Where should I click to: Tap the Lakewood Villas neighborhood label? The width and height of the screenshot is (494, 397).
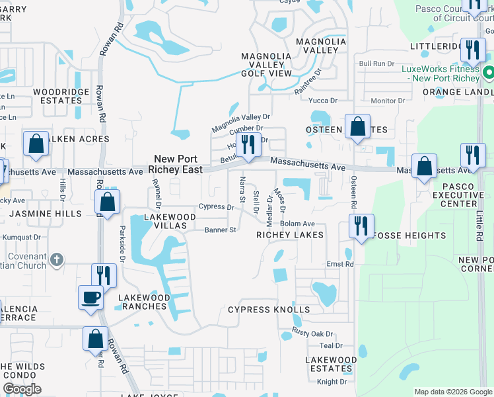(x=161, y=221)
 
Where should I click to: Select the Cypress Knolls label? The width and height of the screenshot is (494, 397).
(x=269, y=310)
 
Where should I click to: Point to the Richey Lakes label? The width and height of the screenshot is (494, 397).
(x=290, y=235)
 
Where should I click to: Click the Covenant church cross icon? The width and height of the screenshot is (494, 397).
(x=57, y=259)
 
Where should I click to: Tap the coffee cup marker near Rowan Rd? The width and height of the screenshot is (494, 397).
(x=90, y=297)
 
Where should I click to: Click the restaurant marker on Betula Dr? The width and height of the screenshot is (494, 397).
(x=248, y=145)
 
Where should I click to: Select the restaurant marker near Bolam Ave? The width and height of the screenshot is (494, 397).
(x=361, y=226)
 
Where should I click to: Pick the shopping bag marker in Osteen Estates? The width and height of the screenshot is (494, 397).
(x=357, y=127)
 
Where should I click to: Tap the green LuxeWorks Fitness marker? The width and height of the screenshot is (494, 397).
(x=489, y=71)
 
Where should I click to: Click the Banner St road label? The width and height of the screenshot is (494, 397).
(x=220, y=230)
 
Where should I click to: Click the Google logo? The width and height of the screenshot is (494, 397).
(x=22, y=389)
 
